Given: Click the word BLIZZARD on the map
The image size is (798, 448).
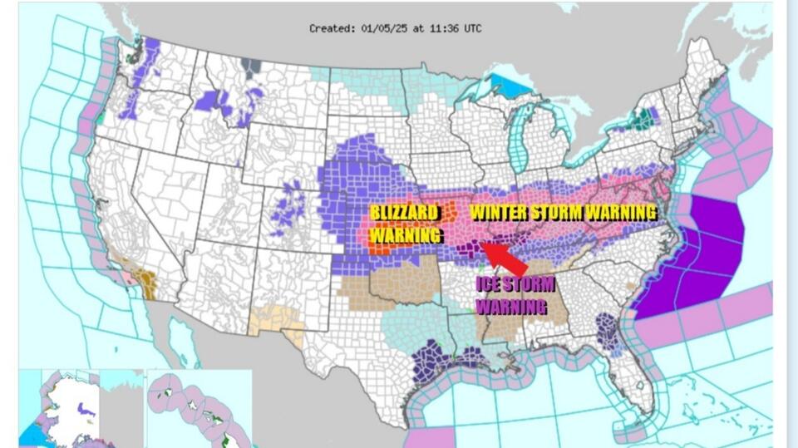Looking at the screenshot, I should (x=404, y=213).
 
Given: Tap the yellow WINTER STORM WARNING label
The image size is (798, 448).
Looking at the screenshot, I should (x=563, y=212).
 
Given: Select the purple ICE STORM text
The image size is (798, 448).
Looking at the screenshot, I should (x=515, y=284).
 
